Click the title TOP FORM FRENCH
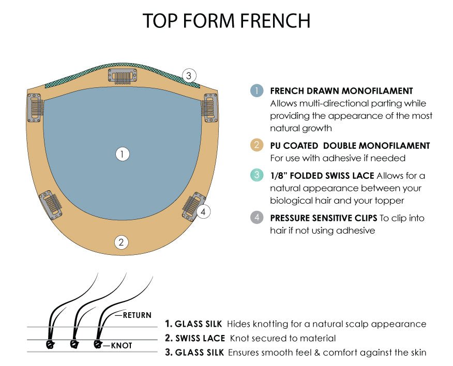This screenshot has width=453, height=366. tap(226, 21)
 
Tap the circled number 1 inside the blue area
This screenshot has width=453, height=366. tap(122, 154)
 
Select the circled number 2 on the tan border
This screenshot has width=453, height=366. tap(122, 241)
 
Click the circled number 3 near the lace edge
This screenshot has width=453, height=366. tap(189, 75)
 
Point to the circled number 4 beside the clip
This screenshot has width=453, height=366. tap(203, 211)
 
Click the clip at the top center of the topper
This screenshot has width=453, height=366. tap(122, 77)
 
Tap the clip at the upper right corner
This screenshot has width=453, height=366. tap(208, 107)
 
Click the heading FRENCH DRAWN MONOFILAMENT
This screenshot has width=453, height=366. tap(341, 91)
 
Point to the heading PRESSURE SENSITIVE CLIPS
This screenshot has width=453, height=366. tap(324, 218)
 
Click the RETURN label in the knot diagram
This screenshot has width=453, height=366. tap(138, 315)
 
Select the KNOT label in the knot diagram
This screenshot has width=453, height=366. tap(122, 345)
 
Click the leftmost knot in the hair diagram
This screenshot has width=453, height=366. tap(51, 344)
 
